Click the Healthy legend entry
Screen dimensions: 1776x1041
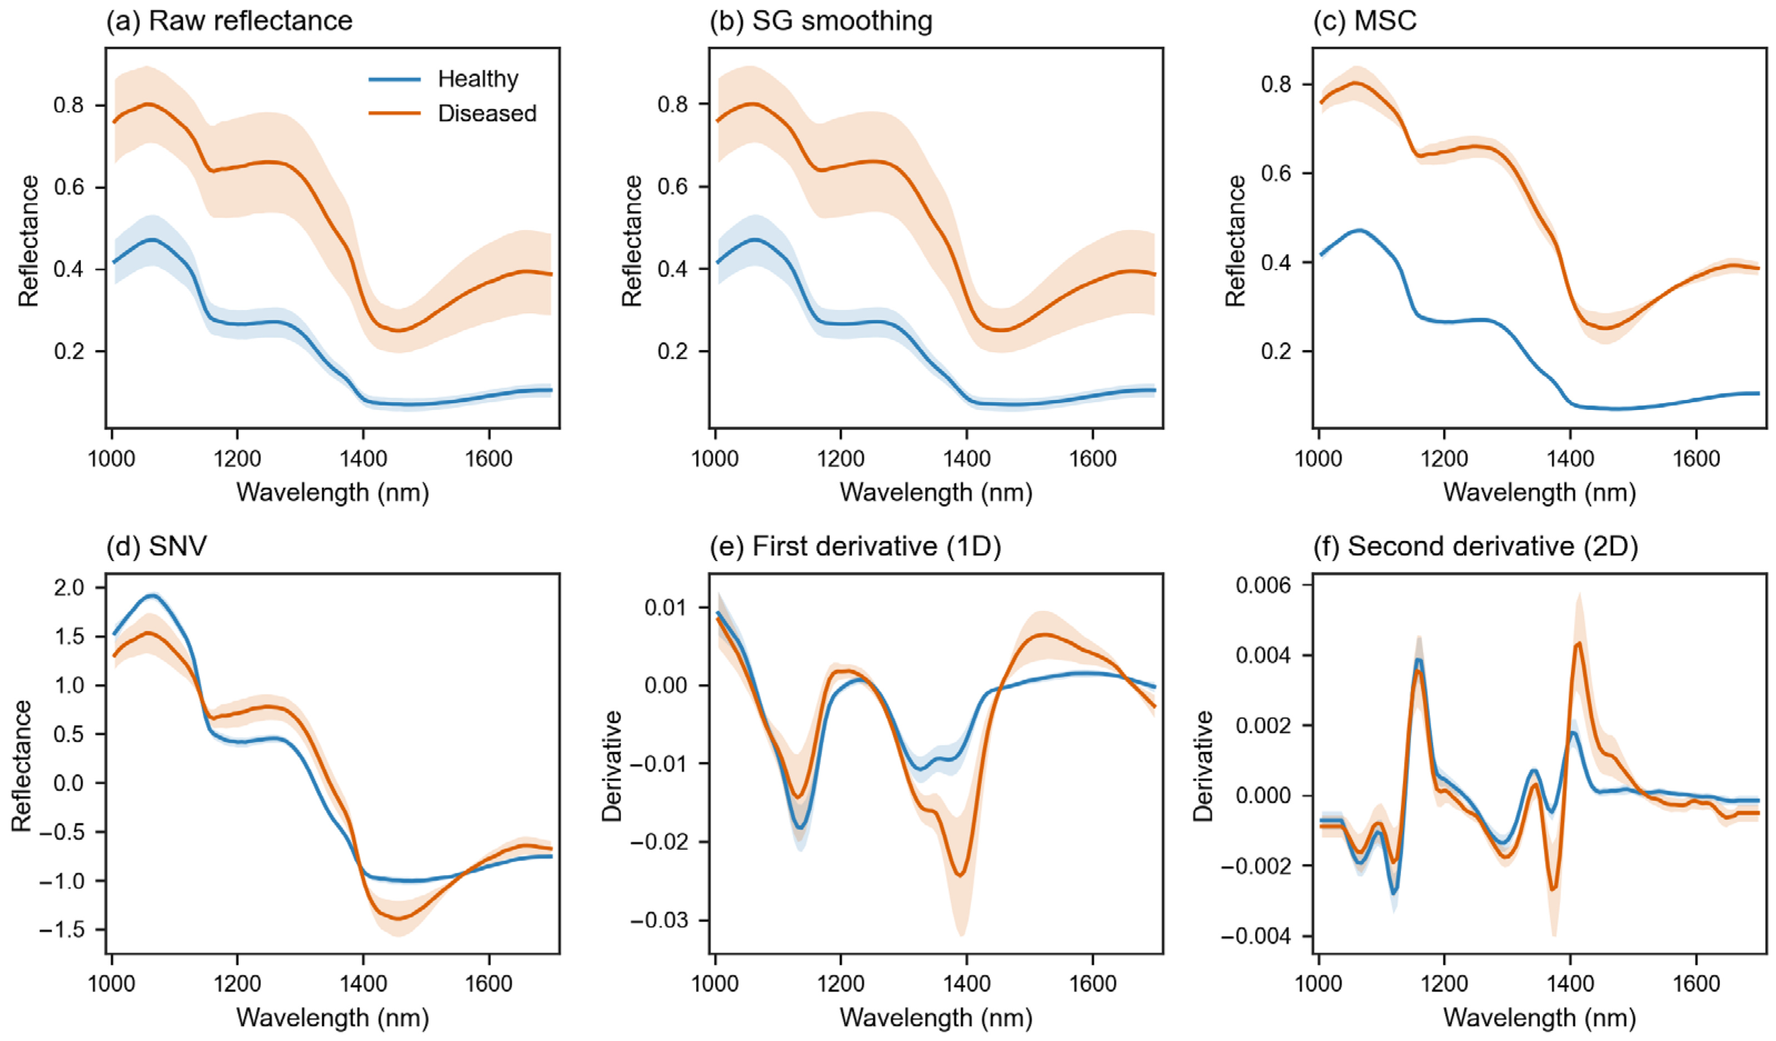click(x=444, y=79)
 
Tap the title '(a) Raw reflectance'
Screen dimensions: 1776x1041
click(x=229, y=21)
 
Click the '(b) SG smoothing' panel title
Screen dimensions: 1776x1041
click(x=821, y=21)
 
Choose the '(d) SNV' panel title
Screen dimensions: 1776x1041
click(x=157, y=546)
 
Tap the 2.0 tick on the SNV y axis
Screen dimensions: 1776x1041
click(x=68, y=588)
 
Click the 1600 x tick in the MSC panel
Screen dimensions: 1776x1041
click(x=1697, y=459)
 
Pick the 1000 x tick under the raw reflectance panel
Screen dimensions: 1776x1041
click(x=111, y=459)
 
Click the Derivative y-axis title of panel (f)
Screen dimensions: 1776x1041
click(x=1203, y=766)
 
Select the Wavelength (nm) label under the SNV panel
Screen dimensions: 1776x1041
click(x=333, y=1018)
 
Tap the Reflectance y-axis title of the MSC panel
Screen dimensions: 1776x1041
click(x=1235, y=241)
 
